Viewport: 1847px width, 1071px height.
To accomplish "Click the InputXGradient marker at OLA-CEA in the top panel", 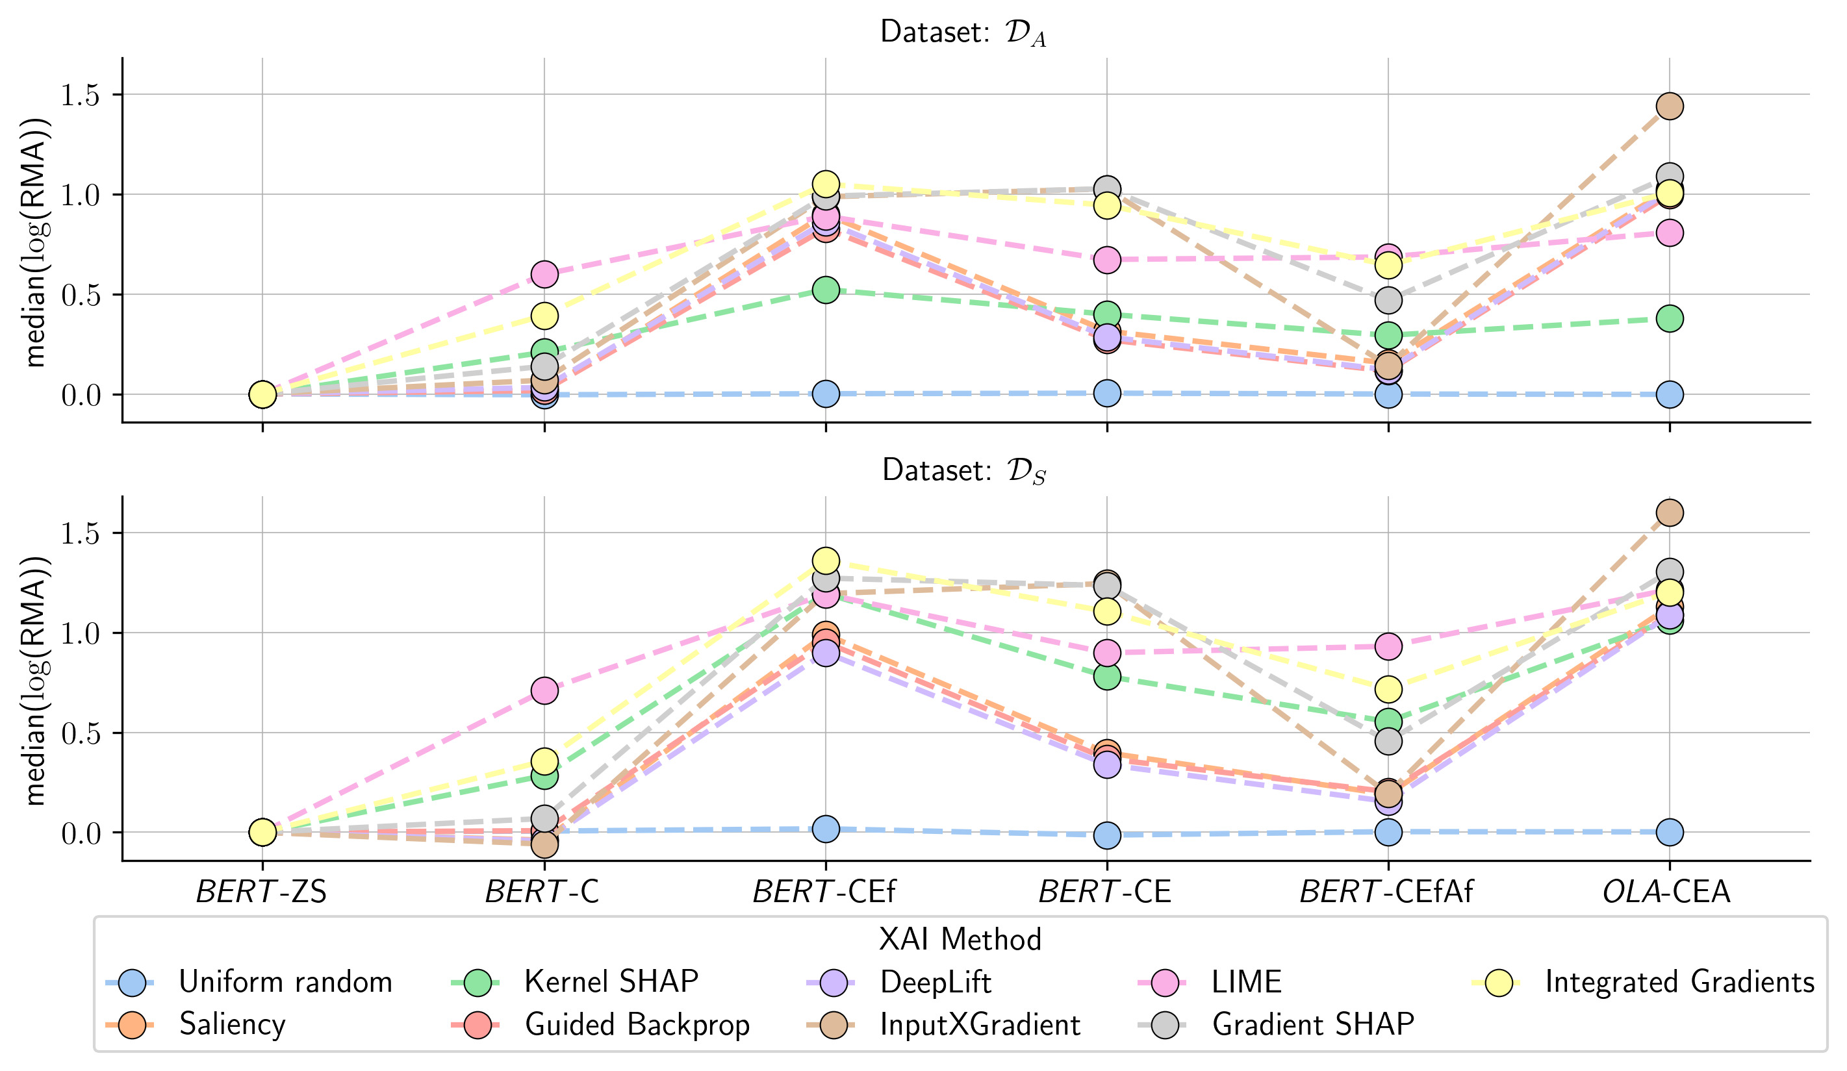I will coord(1669,107).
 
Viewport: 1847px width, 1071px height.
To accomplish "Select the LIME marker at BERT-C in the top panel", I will coord(544,274).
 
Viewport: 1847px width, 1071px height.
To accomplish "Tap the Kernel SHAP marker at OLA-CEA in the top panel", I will coord(1669,319).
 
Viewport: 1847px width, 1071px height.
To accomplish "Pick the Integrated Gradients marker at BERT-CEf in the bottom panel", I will coord(825,561).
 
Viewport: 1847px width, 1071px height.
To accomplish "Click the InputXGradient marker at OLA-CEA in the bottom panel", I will coord(1669,513).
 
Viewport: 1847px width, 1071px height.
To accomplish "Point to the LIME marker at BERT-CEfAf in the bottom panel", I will coord(1388,646).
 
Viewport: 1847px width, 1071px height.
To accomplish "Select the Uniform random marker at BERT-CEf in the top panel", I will coord(825,394).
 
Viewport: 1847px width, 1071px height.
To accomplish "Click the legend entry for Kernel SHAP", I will coord(611,981).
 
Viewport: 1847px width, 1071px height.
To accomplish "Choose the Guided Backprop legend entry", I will coord(636,1024).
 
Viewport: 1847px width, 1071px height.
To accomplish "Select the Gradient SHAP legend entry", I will coord(1312,1024).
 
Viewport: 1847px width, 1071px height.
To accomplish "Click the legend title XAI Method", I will coord(960,939).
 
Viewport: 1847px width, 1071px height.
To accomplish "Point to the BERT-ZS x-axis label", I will coord(261,892).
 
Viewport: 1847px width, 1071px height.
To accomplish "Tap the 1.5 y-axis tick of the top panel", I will coord(80,95).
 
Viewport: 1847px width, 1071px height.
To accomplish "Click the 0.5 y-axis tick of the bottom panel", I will coord(80,733).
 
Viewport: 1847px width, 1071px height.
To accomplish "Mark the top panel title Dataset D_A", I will coord(962,33).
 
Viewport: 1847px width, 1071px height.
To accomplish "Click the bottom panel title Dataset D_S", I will coord(962,470).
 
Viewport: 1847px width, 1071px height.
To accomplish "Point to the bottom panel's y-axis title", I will coord(35,679).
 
